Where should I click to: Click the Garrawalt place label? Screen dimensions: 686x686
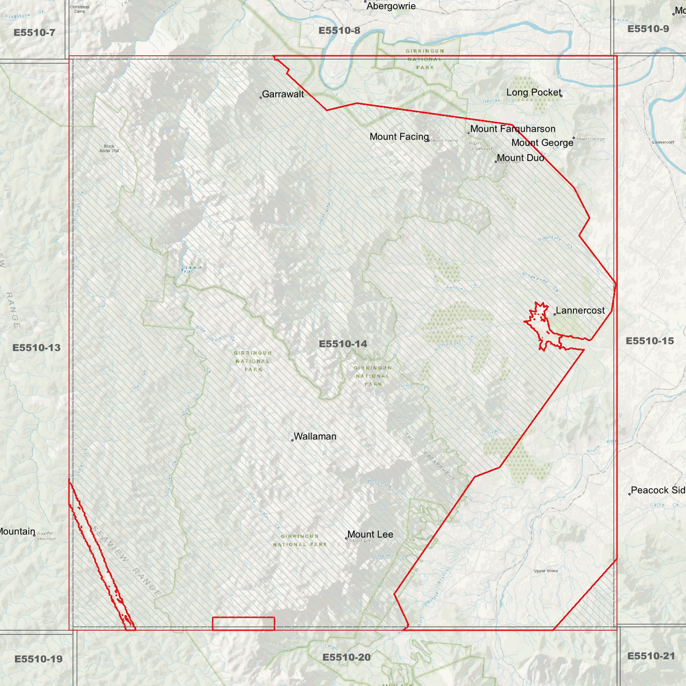[282, 94]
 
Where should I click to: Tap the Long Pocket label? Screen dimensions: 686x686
[534, 93]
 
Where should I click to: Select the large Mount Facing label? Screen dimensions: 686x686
[399, 137]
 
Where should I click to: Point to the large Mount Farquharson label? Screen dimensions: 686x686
[513, 129]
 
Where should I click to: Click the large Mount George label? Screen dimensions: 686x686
[542, 143]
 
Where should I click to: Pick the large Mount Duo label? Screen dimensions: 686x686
[520, 158]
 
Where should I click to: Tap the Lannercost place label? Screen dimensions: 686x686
[580, 310]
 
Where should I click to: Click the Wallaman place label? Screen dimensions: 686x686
[315, 436]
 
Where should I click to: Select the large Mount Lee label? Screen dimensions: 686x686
[370, 534]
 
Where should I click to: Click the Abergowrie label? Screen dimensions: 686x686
[391, 6]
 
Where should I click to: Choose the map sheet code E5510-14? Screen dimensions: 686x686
[343, 344]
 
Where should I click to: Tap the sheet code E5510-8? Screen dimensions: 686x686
[339, 31]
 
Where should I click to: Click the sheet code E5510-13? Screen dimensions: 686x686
[37, 348]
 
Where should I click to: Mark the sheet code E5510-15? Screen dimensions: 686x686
[649, 341]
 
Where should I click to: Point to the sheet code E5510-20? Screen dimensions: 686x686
[346, 657]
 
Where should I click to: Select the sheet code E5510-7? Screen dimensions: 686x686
[34, 33]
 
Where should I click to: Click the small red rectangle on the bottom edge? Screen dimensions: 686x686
[243, 623]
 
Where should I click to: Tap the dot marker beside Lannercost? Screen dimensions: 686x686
[554, 314]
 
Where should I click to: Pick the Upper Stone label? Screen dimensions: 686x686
[546, 571]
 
